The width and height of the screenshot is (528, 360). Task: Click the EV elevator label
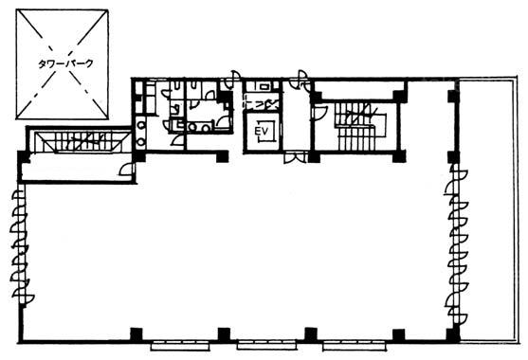click(262, 131)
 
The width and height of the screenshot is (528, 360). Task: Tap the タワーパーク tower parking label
click(65, 63)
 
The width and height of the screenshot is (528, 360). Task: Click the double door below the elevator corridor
click(296, 158)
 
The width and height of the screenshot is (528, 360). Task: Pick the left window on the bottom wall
click(180, 346)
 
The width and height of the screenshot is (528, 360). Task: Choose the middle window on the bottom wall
click(266, 345)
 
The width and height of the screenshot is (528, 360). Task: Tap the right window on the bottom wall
click(355, 346)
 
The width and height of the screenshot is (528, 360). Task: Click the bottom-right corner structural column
click(453, 334)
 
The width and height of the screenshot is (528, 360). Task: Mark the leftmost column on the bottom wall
click(137, 334)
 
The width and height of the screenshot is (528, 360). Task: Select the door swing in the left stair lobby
click(126, 170)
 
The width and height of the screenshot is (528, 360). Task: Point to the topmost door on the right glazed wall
click(458, 181)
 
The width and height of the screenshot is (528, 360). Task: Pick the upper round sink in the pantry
click(141, 126)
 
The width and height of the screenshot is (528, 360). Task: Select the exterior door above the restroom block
click(232, 79)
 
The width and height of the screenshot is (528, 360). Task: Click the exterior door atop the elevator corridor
click(301, 80)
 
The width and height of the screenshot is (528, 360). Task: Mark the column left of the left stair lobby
click(23, 157)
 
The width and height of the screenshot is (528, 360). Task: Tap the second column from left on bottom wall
click(224, 334)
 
